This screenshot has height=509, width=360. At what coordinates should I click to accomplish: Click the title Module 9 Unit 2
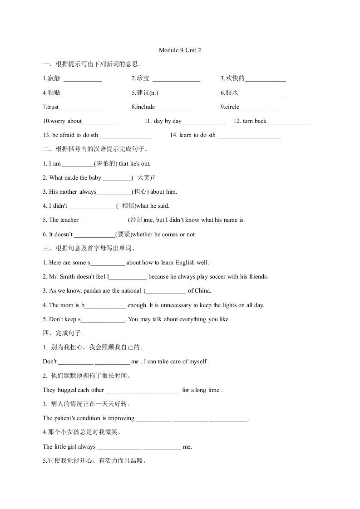pos(180,50)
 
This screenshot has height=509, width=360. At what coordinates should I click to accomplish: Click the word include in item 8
pos(146,107)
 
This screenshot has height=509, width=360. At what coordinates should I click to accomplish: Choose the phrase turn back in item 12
pos(255,121)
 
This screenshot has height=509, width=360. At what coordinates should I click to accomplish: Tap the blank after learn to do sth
pos(249,136)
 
